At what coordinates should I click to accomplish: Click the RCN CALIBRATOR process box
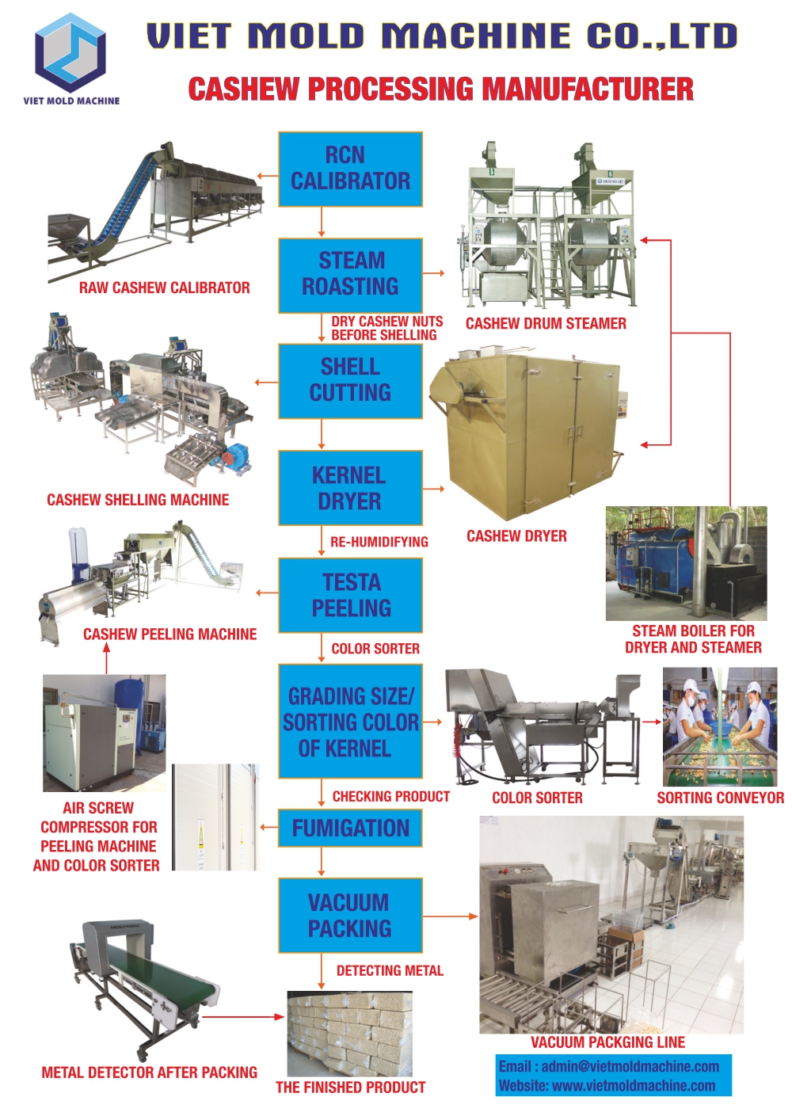[x=350, y=170]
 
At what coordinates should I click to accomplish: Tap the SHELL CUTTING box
[x=350, y=380]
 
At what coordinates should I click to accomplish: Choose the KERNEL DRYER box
[x=350, y=488]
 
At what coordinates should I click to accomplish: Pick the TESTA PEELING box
[x=350, y=595]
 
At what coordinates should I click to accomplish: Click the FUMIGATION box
[x=350, y=829]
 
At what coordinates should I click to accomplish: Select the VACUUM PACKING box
[x=350, y=916]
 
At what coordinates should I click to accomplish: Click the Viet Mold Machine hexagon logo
[x=70, y=51]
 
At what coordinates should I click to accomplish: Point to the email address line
[x=609, y=1066]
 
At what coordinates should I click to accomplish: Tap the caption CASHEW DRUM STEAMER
[x=546, y=323]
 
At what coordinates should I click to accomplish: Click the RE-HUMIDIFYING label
[x=379, y=542]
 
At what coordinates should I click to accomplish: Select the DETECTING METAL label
[x=390, y=970]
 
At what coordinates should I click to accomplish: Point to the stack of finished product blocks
[x=349, y=1033]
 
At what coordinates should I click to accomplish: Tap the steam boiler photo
[x=686, y=563]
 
